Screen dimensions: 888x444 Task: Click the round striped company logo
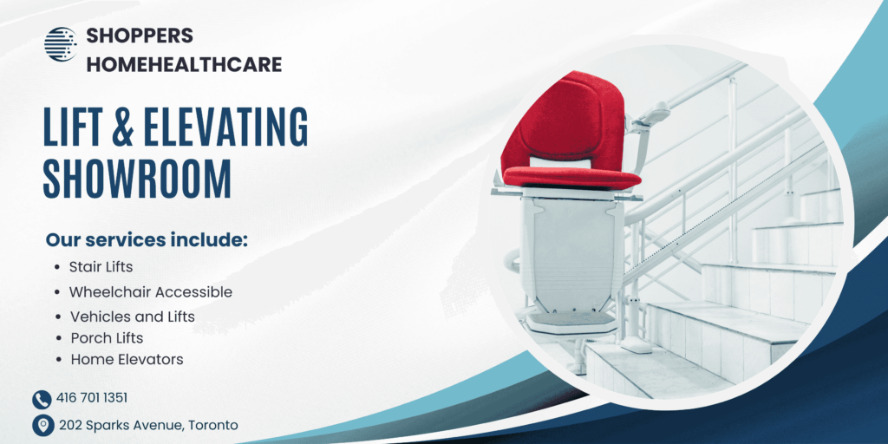[61, 44]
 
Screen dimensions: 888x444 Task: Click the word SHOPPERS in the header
[140, 36]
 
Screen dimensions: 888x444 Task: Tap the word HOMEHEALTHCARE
[184, 64]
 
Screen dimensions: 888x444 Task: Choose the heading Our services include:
[147, 239]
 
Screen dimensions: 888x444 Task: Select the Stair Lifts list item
[101, 267]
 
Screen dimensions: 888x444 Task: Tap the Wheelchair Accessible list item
[151, 292]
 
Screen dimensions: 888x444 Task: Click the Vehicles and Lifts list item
[133, 317]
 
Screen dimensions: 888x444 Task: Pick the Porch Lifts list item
[107, 338]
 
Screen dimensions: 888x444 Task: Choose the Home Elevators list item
[127, 359]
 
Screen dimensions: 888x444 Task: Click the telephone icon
[42, 400]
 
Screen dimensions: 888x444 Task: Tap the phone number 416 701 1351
[92, 398]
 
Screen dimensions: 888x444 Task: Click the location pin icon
[42, 425]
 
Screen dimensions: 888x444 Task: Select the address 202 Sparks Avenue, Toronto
[148, 425]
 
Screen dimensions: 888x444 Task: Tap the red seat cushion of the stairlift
[571, 177]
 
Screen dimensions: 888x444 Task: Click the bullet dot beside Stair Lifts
[58, 267]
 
